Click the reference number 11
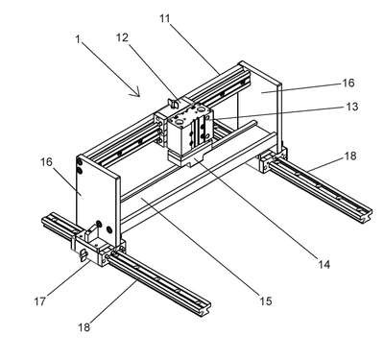tap(165, 18)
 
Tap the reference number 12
tap(122, 37)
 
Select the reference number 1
tap(78, 39)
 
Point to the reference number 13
tap(352, 107)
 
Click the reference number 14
tap(324, 264)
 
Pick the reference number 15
tap(265, 300)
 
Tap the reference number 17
tap(39, 301)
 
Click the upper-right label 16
tap(348, 84)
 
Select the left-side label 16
tap(46, 162)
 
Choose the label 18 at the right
tap(349, 156)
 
